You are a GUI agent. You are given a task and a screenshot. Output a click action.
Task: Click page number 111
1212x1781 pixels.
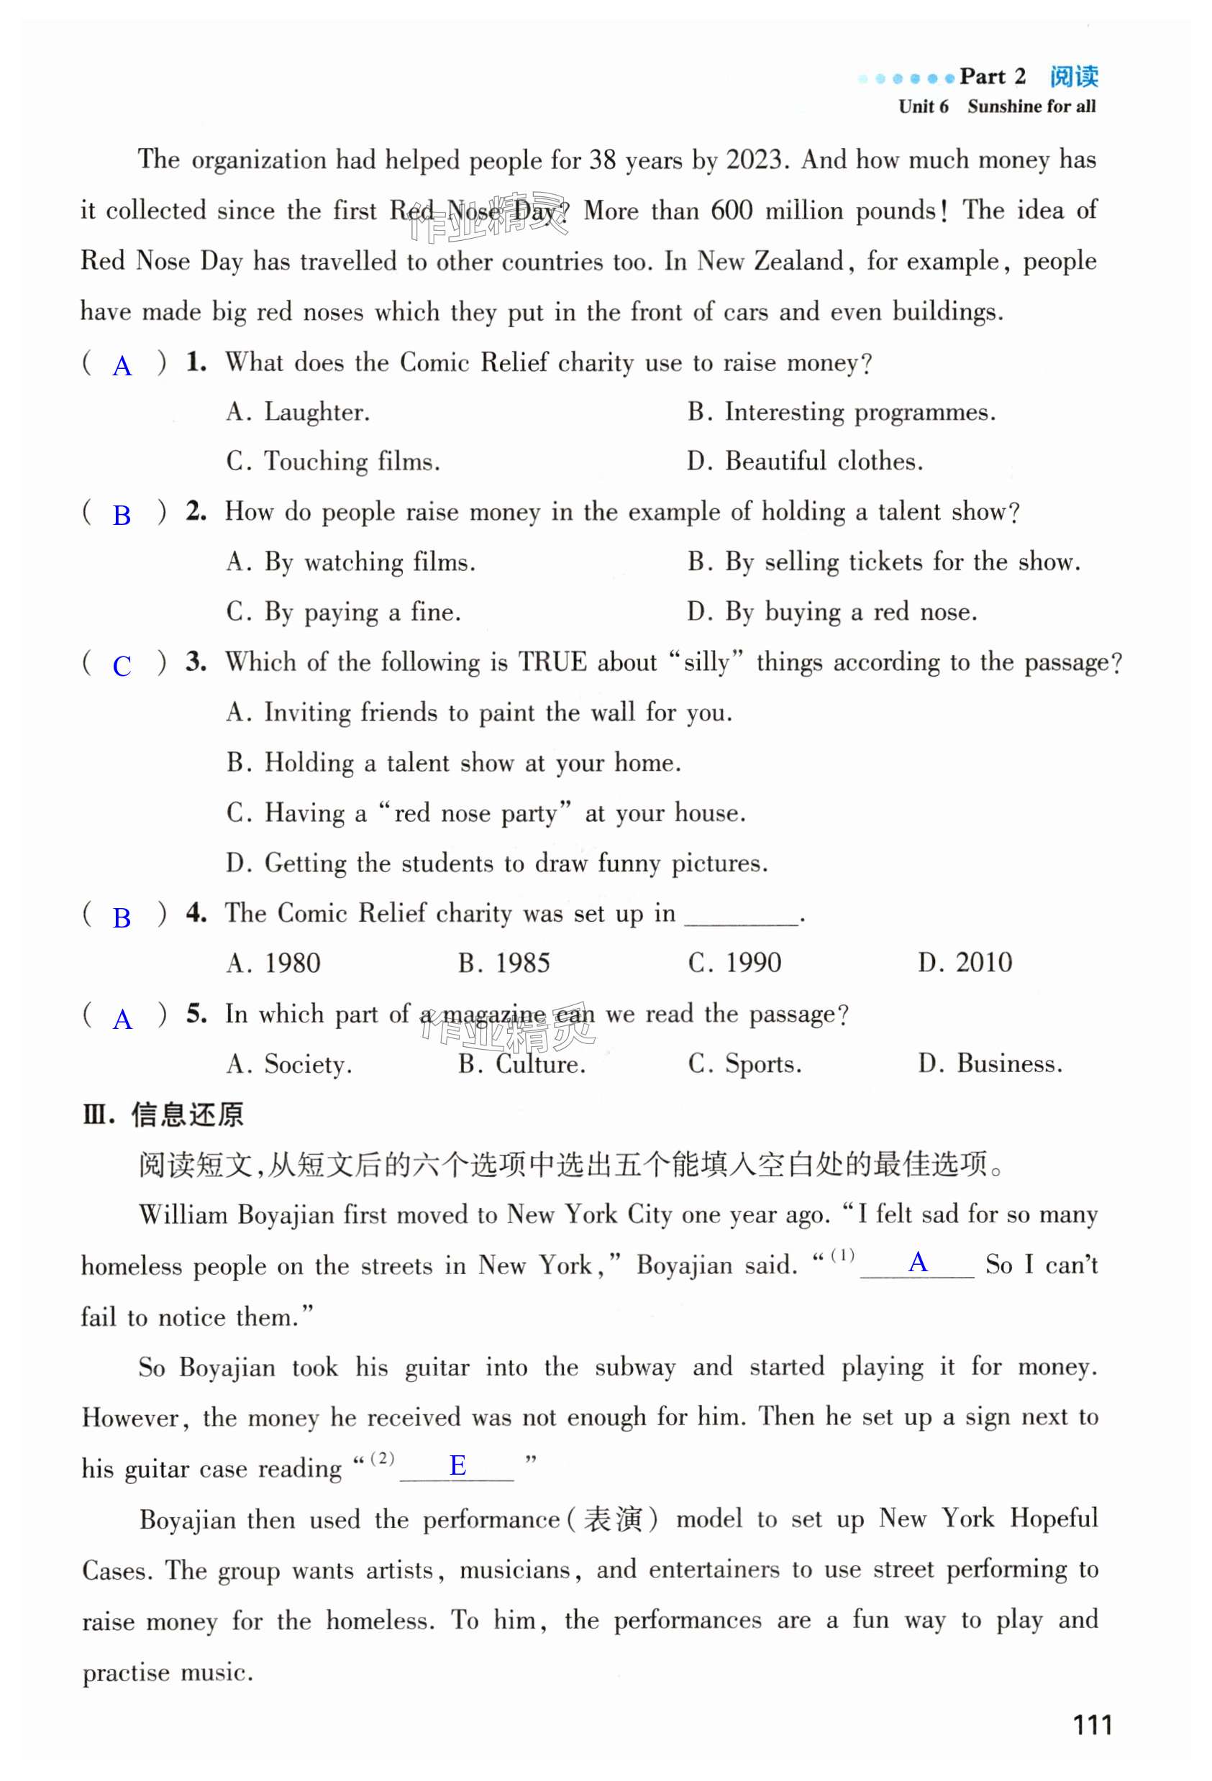[1092, 1724]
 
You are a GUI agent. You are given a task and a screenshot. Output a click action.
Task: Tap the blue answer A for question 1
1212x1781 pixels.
[122, 366]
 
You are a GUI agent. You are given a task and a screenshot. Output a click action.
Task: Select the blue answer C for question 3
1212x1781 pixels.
[122, 666]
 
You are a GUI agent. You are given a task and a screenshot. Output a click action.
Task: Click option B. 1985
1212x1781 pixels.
[504, 963]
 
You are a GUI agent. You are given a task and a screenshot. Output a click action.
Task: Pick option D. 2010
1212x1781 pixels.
[965, 963]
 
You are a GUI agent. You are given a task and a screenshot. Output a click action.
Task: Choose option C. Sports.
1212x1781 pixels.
[744, 1063]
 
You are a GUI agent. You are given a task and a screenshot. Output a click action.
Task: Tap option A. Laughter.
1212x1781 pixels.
[299, 412]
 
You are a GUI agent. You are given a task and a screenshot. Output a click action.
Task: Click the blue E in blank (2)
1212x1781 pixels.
[457, 1465]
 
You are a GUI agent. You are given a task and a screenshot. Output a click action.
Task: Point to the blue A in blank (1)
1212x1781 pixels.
[918, 1262]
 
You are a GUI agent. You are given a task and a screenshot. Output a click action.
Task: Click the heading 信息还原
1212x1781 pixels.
[187, 1114]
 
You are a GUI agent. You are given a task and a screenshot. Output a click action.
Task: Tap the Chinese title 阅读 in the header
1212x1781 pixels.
[1073, 77]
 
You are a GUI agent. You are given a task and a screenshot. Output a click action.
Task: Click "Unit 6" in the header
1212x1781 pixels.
[923, 106]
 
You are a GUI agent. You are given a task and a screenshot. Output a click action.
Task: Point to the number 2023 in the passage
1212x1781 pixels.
[754, 160]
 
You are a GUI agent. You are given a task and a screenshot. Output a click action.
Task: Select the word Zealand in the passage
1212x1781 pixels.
[799, 261]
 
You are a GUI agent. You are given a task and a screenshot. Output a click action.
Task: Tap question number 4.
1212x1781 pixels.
[196, 912]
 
